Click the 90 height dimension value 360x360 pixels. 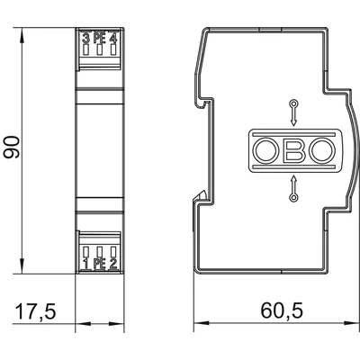click(x=12, y=147)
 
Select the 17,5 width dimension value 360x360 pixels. click(x=36, y=311)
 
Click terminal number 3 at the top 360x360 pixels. click(x=86, y=39)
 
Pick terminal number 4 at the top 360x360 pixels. click(x=112, y=39)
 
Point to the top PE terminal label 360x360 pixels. click(x=99, y=39)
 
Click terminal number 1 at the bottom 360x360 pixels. click(x=86, y=264)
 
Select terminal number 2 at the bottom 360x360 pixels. click(x=113, y=264)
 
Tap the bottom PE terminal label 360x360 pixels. click(x=100, y=264)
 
